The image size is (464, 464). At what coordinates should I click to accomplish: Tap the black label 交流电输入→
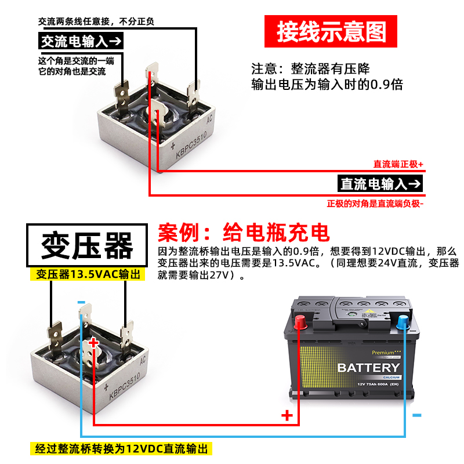coord(81,41)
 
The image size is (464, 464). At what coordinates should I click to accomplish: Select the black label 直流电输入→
coord(380,184)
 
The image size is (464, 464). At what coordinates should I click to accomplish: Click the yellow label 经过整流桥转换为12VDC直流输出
coord(121,448)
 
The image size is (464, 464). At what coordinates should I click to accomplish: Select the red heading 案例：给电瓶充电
coord(244,233)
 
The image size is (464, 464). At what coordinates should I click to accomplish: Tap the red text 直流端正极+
coord(398,164)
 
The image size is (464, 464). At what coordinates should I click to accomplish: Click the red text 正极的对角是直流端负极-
coord(375,204)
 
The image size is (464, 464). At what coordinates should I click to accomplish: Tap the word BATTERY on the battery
coord(368,368)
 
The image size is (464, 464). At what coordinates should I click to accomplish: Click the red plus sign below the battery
coord(287,415)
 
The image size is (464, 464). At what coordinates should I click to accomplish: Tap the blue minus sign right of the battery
coord(416,415)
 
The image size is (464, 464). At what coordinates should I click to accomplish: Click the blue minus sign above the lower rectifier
coord(81,302)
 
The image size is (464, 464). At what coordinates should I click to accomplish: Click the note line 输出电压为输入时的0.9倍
coord(327,85)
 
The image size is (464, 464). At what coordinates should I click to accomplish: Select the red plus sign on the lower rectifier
coord(94,343)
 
